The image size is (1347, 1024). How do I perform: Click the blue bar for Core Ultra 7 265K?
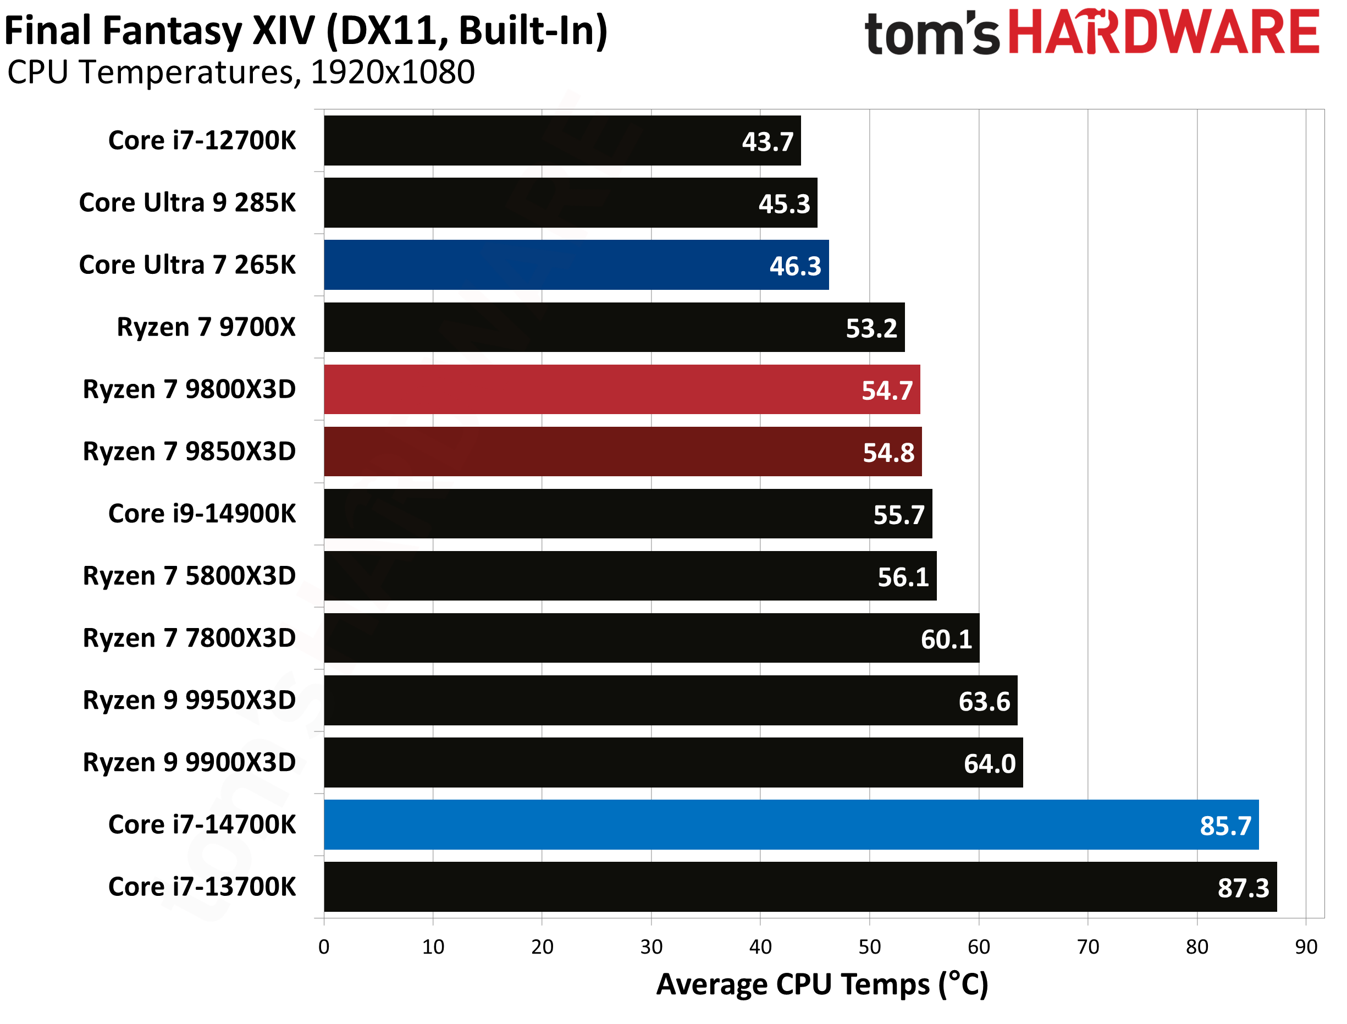pyautogui.click(x=576, y=265)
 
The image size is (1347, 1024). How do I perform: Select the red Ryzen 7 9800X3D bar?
pyautogui.click(x=621, y=389)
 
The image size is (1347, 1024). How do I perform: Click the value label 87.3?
pyautogui.click(x=1243, y=888)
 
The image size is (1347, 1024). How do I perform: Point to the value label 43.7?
pyautogui.click(x=767, y=141)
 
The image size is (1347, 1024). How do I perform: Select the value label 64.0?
pyautogui.click(x=990, y=763)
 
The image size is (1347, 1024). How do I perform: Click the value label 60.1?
pyautogui.click(x=946, y=639)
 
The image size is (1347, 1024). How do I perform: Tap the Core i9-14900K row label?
pyautogui.click(x=202, y=513)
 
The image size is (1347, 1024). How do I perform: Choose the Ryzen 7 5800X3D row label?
pyautogui.click(x=189, y=575)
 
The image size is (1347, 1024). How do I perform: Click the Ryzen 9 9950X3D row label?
pyautogui.click(x=189, y=700)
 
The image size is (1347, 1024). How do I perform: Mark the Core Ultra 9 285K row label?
pyautogui.click(x=187, y=202)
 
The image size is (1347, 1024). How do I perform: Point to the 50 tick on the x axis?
pyautogui.click(x=869, y=946)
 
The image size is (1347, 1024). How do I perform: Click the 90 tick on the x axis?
pyautogui.click(x=1306, y=946)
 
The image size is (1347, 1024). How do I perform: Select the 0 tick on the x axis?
pyautogui.click(x=324, y=946)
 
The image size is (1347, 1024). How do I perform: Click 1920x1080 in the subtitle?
pyautogui.click(x=393, y=73)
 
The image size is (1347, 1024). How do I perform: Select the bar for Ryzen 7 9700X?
pyautogui.click(x=614, y=327)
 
